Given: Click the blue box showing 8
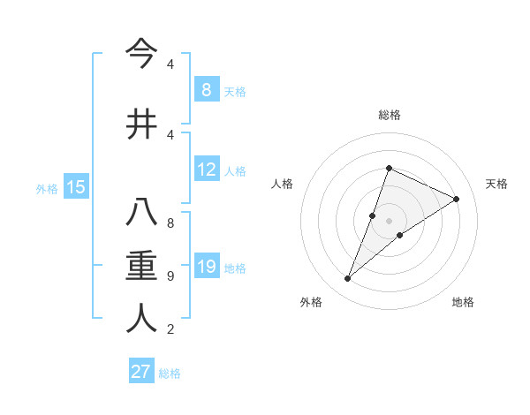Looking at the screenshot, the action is [206, 89].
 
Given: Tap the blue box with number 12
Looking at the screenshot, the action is [206, 170].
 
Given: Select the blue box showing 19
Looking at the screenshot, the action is [206, 268].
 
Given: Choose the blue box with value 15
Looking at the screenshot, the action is [75, 186].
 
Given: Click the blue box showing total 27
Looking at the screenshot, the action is [141, 372].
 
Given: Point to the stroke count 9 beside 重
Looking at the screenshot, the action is [170, 276].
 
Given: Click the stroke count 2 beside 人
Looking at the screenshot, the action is [170, 329].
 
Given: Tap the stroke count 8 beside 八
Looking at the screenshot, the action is [170, 223].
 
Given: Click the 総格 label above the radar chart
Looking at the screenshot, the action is [389, 115].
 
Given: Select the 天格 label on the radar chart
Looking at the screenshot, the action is [496, 184].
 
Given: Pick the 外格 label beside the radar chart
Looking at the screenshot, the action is [311, 302].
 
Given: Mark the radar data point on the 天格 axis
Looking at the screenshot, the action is [456, 200].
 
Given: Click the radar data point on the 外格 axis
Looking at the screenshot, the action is [348, 279].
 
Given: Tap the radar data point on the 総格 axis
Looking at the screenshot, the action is [389, 169].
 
